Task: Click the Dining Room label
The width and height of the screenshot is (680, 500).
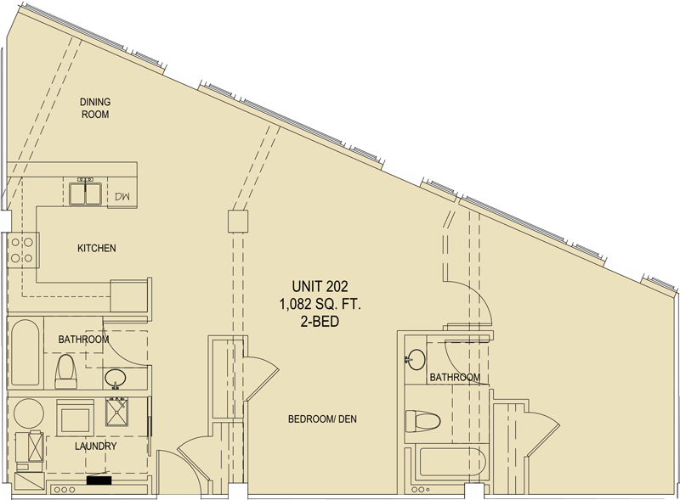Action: pos(95,109)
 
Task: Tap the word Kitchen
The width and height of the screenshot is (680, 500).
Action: pos(97,248)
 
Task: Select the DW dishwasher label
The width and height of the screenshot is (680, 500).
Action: pos(122,196)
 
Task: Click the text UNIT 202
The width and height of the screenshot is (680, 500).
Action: pos(320,286)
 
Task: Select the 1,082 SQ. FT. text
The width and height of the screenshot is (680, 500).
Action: pos(320,305)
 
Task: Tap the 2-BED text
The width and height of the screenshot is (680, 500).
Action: pos(320,322)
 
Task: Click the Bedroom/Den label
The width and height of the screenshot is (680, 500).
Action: pos(322,419)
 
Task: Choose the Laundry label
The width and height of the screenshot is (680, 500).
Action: pos(95,446)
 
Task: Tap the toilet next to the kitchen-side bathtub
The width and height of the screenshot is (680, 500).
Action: pos(66,371)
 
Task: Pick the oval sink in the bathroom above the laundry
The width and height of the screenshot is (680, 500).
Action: pos(116,379)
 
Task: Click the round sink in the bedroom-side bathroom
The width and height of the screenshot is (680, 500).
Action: pos(416,360)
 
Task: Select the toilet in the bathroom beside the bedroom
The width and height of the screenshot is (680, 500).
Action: pos(422,421)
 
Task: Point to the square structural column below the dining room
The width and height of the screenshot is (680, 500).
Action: pos(238,221)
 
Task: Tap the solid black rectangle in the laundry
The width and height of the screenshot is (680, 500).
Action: pos(99,480)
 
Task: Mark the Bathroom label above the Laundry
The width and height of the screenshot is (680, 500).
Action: pos(83,339)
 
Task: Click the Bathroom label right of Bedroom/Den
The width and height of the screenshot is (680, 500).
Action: pos(455,378)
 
